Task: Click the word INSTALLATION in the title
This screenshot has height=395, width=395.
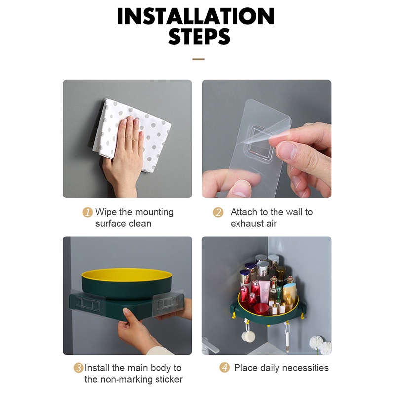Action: (x=196, y=16)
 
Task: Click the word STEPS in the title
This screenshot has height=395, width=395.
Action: (x=199, y=37)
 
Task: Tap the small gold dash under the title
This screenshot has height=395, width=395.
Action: (x=198, y=59)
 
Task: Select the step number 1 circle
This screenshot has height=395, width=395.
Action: (x=87, y=212)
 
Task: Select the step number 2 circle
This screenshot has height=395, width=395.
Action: (x=218, y=212)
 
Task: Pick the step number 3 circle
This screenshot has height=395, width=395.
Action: (x=79, y=368)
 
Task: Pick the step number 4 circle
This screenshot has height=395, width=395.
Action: (x=224, y=367)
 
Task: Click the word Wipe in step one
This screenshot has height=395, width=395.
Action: (x=106, y=212)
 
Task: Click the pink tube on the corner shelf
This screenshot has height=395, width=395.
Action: (x=264, y=291)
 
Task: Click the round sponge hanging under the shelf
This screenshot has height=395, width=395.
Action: (x=246, y=336)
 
